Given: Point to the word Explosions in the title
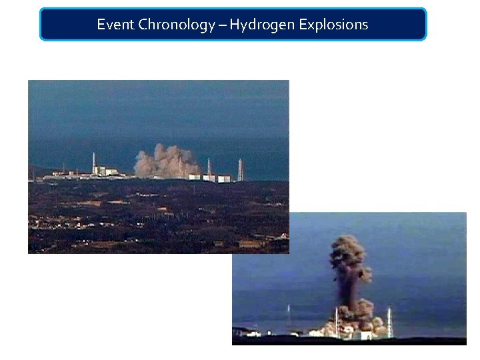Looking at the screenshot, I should [x=333, y=25].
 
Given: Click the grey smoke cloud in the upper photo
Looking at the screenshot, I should [x=167, y=161].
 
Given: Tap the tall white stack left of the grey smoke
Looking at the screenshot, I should [x=94, y=161].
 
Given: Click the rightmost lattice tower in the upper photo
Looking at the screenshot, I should [x=240, y=169].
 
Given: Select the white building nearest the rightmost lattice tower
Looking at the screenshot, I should [x=224, y=178].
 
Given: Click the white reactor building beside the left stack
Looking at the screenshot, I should [x=105, y=171].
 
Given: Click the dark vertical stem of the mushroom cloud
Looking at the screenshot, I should [x=350, y=287].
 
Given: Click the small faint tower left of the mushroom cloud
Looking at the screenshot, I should [x=288, y=313].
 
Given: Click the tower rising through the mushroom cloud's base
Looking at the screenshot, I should [x=337, y=320].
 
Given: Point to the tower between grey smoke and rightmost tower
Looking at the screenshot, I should [x=209, y=168].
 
